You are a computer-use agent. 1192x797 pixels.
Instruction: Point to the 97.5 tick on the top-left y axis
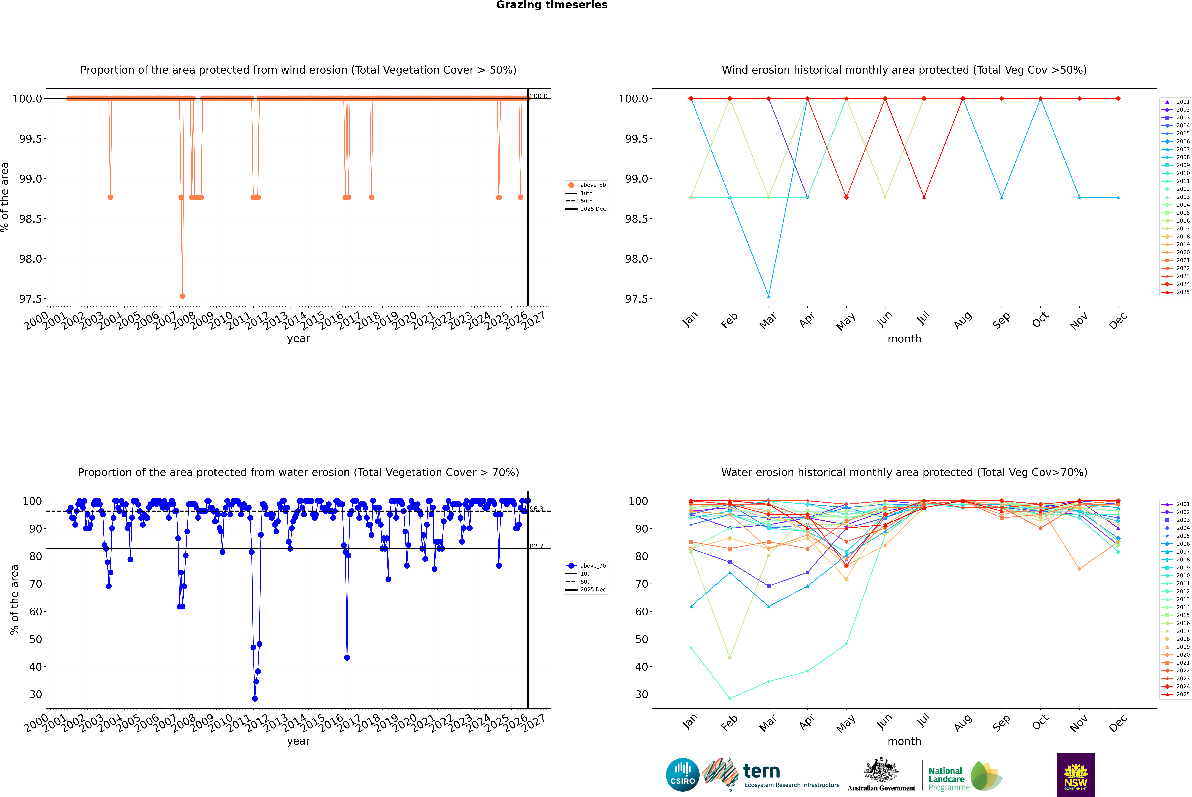[x=31, y=299]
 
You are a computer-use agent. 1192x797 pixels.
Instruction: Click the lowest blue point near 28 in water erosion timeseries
[x=255, y=698]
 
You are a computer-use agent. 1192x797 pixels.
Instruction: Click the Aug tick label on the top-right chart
[x=963, y=320]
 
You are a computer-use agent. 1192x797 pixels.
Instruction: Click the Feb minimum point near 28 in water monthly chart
[x=730, y=698]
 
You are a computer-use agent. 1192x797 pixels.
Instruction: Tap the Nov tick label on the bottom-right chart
[x=1079, y=723]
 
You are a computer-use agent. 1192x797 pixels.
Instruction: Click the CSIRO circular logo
[x=682, y=775]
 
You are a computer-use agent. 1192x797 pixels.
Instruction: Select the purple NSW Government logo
[x=1076, y=775]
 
